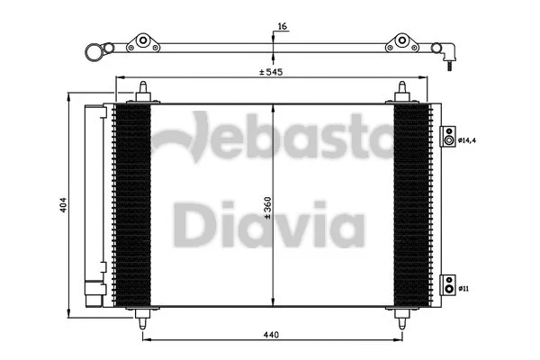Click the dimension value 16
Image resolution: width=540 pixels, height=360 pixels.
tap(282, 28)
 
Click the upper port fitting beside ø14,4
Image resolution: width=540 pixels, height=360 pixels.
tap(447, 139)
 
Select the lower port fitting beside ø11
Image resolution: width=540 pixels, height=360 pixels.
tap(447, 288)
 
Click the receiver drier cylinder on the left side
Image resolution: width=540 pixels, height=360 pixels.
tap(94, 202)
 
